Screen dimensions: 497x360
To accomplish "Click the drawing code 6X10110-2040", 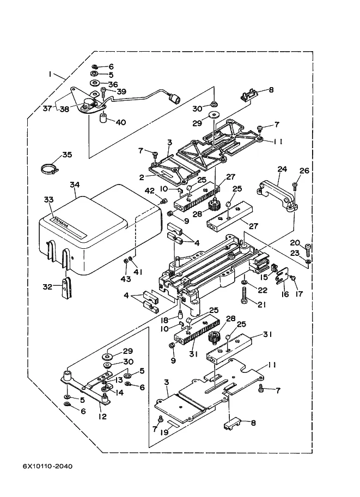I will tap(48, 467).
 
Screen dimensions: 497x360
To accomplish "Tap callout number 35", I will tap(67, 155).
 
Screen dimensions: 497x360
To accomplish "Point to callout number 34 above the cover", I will tap(75, 185).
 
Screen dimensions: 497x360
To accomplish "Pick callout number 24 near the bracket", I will tap(282, 169).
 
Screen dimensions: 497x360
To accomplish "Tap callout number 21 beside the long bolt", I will tap(263, 304).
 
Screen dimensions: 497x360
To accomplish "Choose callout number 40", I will tap(120, 122).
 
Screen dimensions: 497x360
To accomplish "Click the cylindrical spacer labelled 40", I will tap(102, 119).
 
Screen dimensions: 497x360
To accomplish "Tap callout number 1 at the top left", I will tap(50, 74).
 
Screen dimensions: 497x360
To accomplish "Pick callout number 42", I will tap(150, 190).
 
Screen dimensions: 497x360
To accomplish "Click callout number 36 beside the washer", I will tap(113, 84).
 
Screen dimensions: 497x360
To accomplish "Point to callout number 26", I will tap(304, 171).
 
